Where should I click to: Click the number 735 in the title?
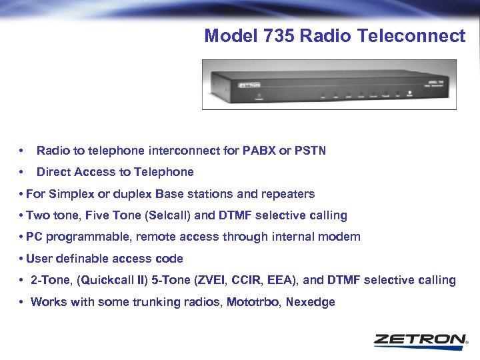(x=282, y=36)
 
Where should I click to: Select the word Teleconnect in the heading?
(x=411, y=36)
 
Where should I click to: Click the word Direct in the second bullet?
(x=52, y=172)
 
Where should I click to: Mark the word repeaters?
(x=287, y=194)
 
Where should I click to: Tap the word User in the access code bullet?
(x=39, y=258)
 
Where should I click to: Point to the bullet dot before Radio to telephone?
(x=23, y=151)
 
